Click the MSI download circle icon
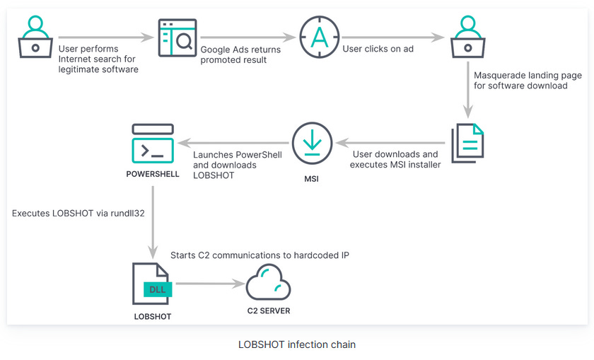311,141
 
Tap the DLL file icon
151,284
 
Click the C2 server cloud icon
268,283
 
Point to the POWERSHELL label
153,174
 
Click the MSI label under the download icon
311,179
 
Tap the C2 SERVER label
268,310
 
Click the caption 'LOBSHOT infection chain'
297,345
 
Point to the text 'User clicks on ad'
377,50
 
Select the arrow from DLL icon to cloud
206,284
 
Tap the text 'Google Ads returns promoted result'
240,54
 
